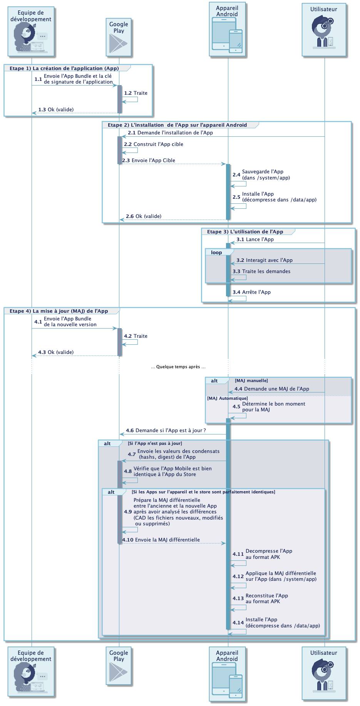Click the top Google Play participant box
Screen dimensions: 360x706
click(x=119, y=37)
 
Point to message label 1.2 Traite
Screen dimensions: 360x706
click(x=136, y=93)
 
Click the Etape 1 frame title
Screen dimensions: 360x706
click(x=64, y=68)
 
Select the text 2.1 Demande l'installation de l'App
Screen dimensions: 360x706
click(x=170, y=133)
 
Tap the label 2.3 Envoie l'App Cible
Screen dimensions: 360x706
click(x=149, y=161)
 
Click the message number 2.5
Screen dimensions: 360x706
click(x=236, y=197)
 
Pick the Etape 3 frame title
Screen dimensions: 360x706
click(x=245, y=232)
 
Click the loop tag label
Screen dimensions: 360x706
click(x=216, y=253)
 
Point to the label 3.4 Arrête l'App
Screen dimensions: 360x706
click(x=251, y=292)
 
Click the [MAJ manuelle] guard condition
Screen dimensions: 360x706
click(x=251, y=381)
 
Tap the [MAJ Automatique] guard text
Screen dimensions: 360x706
click(x=228, y=398)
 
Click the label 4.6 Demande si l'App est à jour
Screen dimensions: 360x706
click(x=166, y=431)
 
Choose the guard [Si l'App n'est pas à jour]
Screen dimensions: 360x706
click(x=155, y=443)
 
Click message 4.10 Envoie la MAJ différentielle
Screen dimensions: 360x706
click(x=161, y=540)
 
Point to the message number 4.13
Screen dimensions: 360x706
click(x=238, y=599)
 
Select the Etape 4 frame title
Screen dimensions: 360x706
click(x=59, y=311)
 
